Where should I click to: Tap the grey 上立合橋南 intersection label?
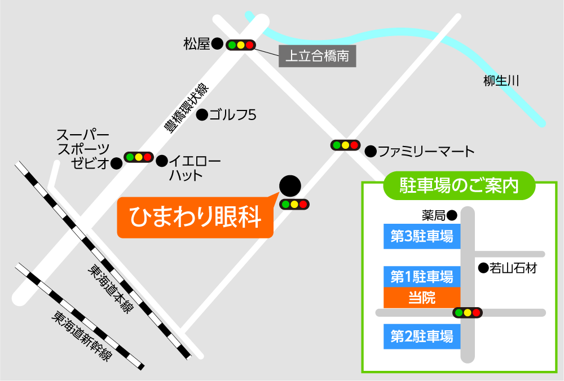(318, 56)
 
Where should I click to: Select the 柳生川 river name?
(501, 81)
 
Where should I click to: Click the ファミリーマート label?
(426, 151)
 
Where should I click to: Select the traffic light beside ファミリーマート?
(345, 145)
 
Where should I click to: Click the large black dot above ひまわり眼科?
(290, 185)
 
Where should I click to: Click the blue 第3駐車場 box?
(422, 237)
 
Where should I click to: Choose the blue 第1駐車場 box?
(422, 277)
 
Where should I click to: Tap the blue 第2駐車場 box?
(422, 336)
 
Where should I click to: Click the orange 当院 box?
(422, 298)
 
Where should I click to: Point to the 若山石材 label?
(513, 268)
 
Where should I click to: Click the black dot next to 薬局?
(452, 215)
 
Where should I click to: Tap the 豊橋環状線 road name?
(186, 108)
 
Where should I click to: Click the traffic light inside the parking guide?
(468, 312)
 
